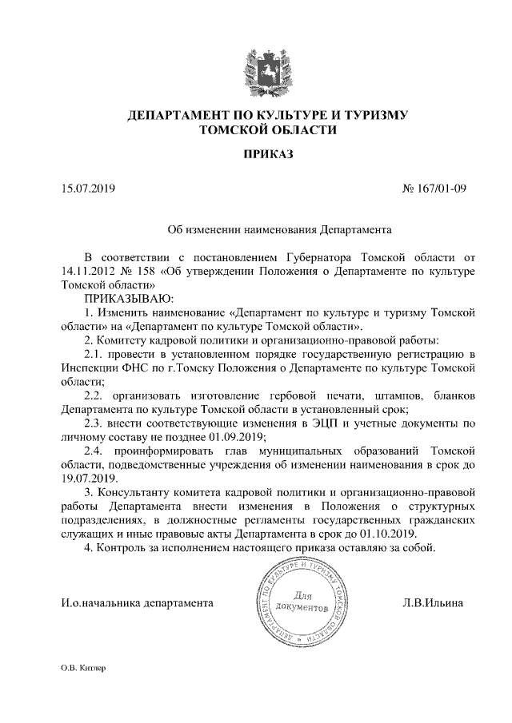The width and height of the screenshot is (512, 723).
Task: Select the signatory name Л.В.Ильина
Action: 433,603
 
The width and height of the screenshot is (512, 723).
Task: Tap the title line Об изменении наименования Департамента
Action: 279,230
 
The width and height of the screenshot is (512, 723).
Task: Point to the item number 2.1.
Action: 94,353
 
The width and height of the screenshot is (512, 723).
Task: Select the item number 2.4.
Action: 94,450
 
